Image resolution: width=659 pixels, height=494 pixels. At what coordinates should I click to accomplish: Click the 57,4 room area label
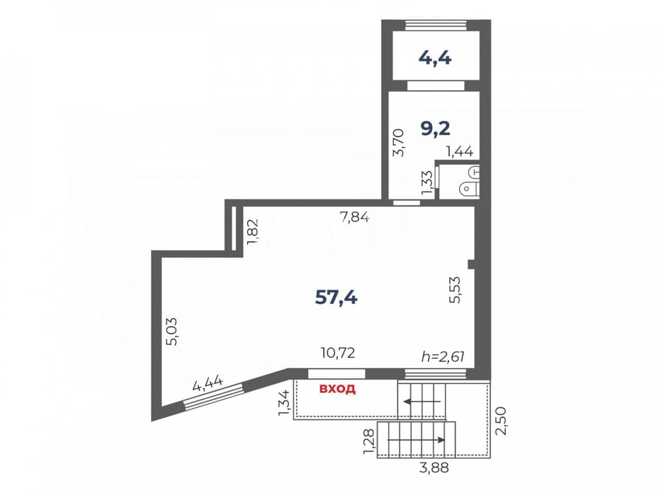[x=336, y=298]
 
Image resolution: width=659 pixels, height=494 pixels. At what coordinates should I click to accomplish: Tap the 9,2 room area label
[x=436, y=129]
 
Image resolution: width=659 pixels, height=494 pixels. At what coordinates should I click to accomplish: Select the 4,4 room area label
[x=435, y=57]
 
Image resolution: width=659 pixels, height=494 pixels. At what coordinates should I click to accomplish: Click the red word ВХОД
[x=337, y=389]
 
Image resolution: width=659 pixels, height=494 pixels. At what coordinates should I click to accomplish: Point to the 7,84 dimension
[x=355, y=217]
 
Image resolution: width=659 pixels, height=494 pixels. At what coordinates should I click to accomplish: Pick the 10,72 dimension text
[x=338, y=352]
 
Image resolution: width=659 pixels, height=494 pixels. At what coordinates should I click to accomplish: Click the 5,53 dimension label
[x=455, y=289]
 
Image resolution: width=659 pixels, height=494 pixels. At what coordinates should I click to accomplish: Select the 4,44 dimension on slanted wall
[x=208, y=383]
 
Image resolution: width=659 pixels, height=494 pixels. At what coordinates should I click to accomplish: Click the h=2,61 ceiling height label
[x=443, y=356]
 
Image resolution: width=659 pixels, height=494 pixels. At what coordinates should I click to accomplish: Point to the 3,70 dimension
[x=398, y=143]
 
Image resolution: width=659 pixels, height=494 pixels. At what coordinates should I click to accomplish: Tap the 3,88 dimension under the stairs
[x=434, y=467]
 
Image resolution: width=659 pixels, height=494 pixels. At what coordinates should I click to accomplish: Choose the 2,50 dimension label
[x=501, y=421]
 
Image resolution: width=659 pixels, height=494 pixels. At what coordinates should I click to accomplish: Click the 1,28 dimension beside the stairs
[x=369, y=441]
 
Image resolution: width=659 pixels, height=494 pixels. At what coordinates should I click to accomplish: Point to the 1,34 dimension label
[x=284, y=403]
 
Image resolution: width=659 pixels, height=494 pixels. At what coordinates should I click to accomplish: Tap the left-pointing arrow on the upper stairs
[x=422, y=401]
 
